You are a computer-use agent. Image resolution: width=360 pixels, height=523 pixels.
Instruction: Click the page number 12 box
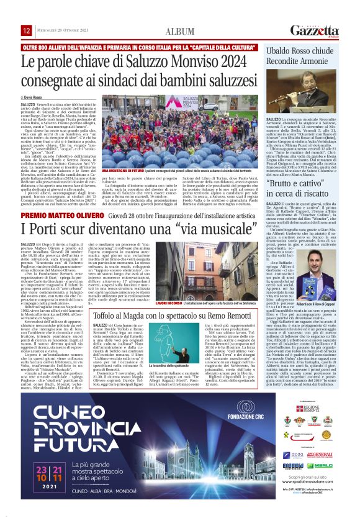[27, 30]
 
